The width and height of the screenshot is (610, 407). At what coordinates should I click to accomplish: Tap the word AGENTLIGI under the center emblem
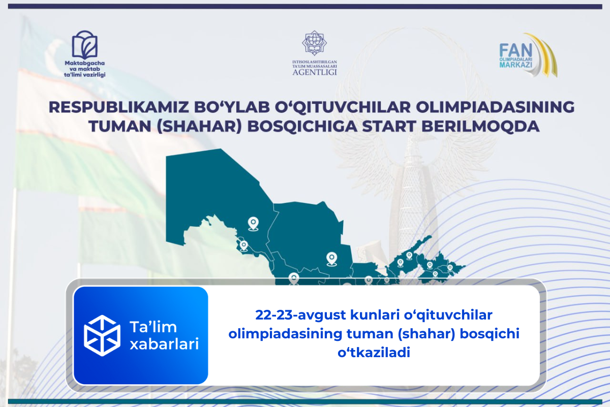click(x=315, y=72)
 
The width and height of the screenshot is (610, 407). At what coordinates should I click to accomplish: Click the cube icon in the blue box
click(x=102, y=335)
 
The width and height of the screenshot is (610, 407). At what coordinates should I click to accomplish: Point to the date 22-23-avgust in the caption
click(x=300, y=316)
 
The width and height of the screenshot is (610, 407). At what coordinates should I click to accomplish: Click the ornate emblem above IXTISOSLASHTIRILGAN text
click(x=315, y=44)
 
